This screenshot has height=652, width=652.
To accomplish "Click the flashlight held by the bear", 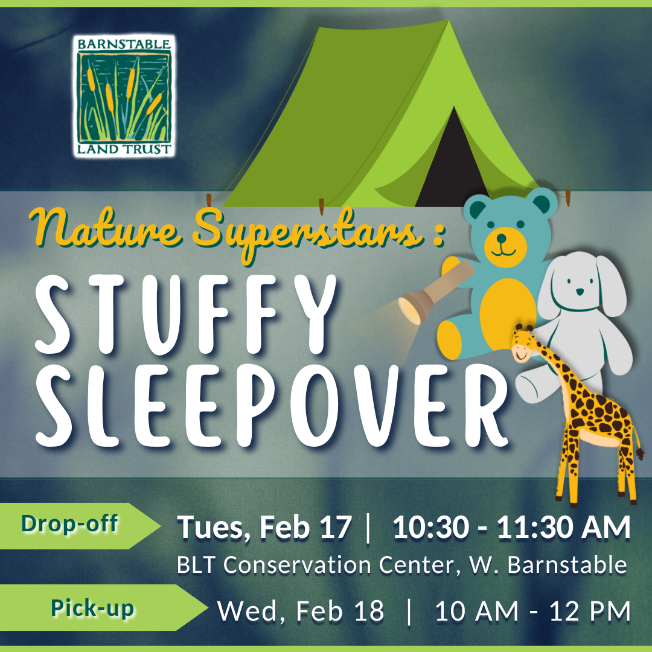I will [423, 298].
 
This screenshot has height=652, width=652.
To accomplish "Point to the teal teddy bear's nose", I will [502, 238].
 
